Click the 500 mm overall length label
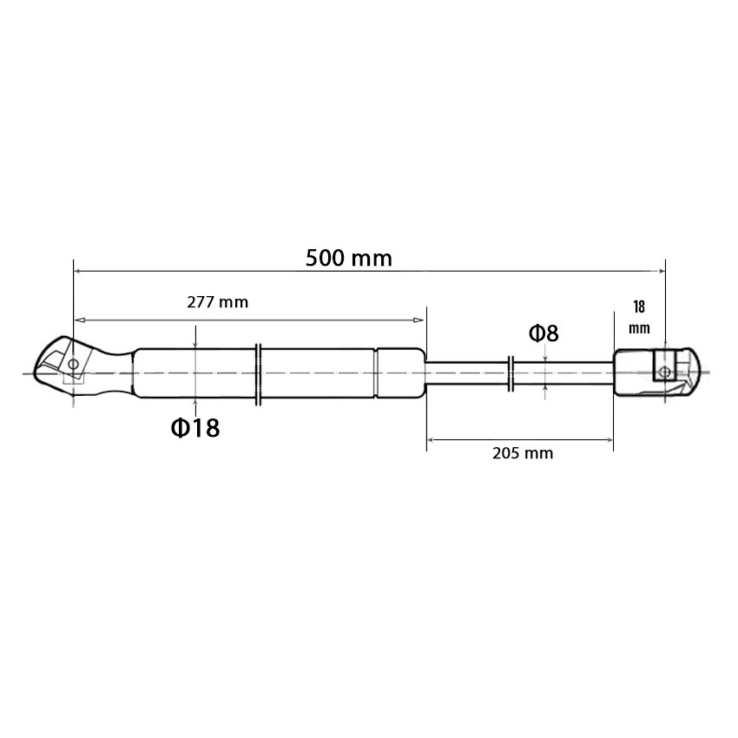349,259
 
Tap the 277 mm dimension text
217,302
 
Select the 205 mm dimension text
523,453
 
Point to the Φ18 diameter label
195,428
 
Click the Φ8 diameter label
544,333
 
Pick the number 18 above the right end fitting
639,306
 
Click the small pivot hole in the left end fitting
74,364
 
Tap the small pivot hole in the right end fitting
664,372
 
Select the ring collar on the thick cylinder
258,375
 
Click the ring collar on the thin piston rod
511,373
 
